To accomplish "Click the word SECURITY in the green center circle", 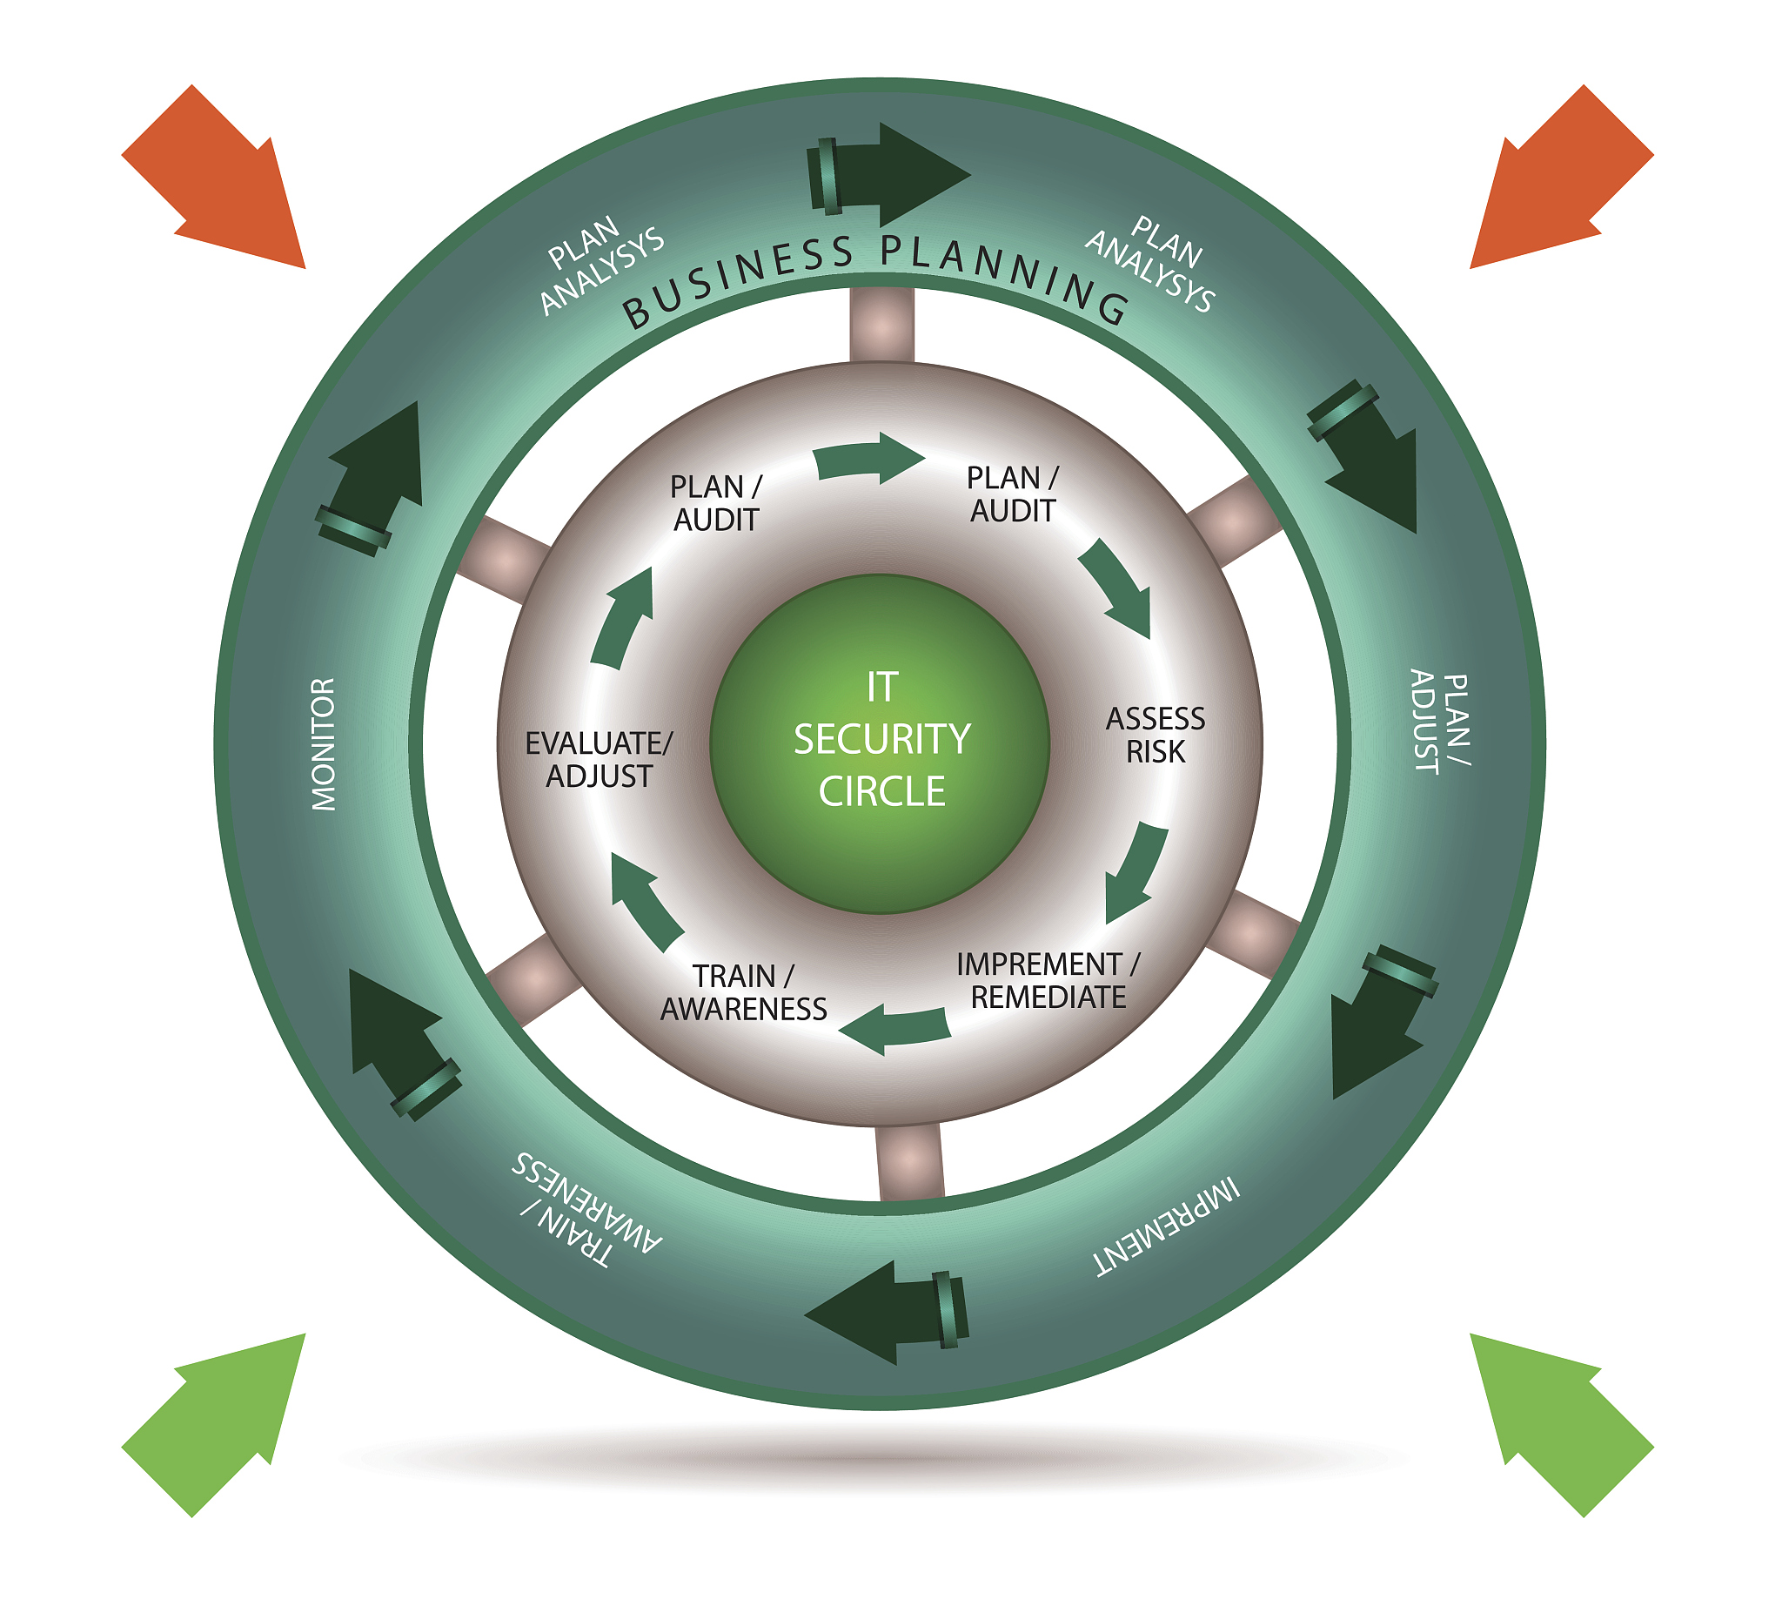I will (881, 740).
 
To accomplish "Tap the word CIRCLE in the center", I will (881, 791).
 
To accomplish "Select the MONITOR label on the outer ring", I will (324, 744).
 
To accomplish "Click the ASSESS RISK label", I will (1155, 735).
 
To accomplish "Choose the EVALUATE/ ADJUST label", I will (599, 760).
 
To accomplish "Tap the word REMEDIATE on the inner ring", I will (1048, 998).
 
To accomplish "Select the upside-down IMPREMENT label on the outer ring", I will (1167, 1226).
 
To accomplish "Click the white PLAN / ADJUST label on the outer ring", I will (1440, 722).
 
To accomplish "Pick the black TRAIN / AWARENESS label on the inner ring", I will (744, 992).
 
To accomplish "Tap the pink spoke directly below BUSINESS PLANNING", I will (881, 324).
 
